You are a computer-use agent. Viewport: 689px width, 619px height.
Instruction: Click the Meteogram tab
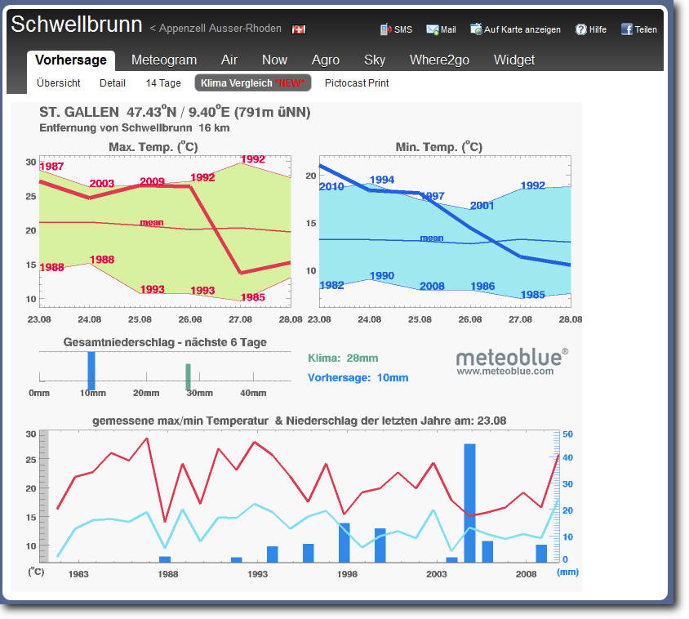[164, 60]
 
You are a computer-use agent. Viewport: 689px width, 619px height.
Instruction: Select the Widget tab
[514, 60]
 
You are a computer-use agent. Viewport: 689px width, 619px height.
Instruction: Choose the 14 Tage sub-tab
[163, 83]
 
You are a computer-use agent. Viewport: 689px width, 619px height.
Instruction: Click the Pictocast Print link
[357, 83]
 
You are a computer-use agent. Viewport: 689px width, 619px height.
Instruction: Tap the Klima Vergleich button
[252, 83]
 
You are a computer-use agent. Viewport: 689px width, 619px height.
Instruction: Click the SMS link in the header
[397, 29]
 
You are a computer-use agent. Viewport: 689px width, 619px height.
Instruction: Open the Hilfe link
[591, 29]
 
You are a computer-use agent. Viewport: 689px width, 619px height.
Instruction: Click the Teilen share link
[639, 29]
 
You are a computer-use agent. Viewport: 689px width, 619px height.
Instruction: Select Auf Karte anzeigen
[515, 29]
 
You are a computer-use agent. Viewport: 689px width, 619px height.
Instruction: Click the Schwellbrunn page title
[77, 24]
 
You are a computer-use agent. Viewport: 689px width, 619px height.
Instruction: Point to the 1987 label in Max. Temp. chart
[51, 167]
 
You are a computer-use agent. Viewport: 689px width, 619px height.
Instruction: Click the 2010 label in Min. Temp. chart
[331, 187]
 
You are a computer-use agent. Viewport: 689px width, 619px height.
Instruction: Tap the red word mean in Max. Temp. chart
[152, 222]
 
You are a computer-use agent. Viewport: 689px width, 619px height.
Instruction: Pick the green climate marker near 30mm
[188, 376]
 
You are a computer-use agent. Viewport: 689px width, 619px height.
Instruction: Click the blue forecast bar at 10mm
[91, 370]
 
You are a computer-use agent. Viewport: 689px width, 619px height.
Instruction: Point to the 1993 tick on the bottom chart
[257, 574]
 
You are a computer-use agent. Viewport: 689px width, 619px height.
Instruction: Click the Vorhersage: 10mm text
[358, 378]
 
